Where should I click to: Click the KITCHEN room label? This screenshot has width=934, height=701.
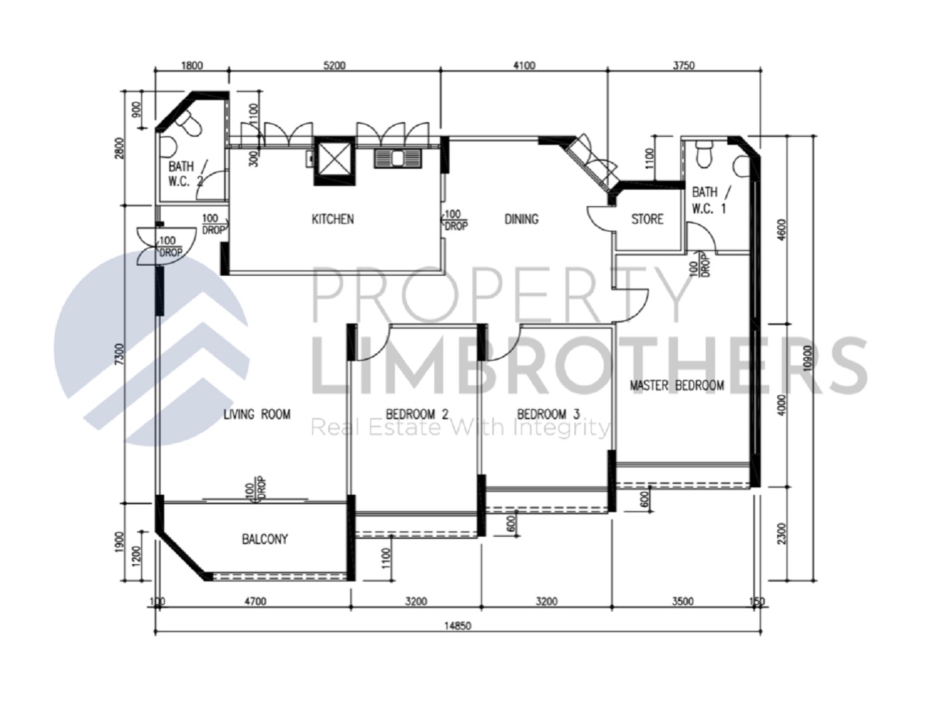coord(332,219)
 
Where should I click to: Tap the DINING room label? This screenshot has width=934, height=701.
coord(521,219)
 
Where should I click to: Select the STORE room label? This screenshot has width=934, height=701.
coord(647,219)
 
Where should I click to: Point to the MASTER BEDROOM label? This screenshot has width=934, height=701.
coord(676,385)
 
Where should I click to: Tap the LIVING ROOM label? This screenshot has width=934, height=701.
coord(257,415)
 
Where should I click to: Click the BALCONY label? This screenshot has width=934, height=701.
coord(265,539)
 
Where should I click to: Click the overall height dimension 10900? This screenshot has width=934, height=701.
coord(808,357)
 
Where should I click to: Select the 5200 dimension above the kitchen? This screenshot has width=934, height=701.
coord(334,65)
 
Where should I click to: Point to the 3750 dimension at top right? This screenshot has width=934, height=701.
coord(683,65)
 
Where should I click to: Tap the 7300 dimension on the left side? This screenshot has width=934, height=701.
coord(119,354)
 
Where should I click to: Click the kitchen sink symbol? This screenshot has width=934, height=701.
coord(398,159)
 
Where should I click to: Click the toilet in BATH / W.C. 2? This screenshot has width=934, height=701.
coord(191,124)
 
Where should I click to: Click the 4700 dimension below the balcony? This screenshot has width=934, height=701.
coord(255,602)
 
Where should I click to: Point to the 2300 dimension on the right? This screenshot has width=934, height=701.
coord(782,533)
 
